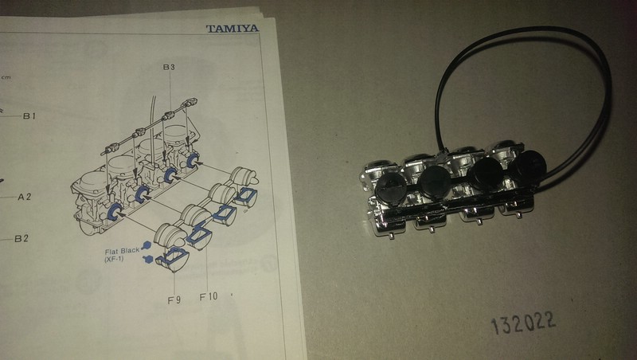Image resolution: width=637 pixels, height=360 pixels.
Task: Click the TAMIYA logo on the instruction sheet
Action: coord(232,29)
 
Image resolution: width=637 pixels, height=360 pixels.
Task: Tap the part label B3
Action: coord(169,68)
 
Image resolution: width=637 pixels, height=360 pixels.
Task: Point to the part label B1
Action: coord(29,116)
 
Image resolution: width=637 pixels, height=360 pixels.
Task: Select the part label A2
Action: coord(26,196)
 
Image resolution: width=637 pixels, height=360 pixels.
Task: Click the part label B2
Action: coord(22,238)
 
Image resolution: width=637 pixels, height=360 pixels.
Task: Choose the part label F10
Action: coord(208,296)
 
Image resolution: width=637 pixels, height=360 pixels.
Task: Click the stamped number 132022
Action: coord(523,323)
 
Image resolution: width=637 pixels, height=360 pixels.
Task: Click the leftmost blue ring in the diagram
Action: coord(112,211)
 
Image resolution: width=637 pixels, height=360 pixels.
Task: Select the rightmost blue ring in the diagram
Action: coord(191,162)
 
